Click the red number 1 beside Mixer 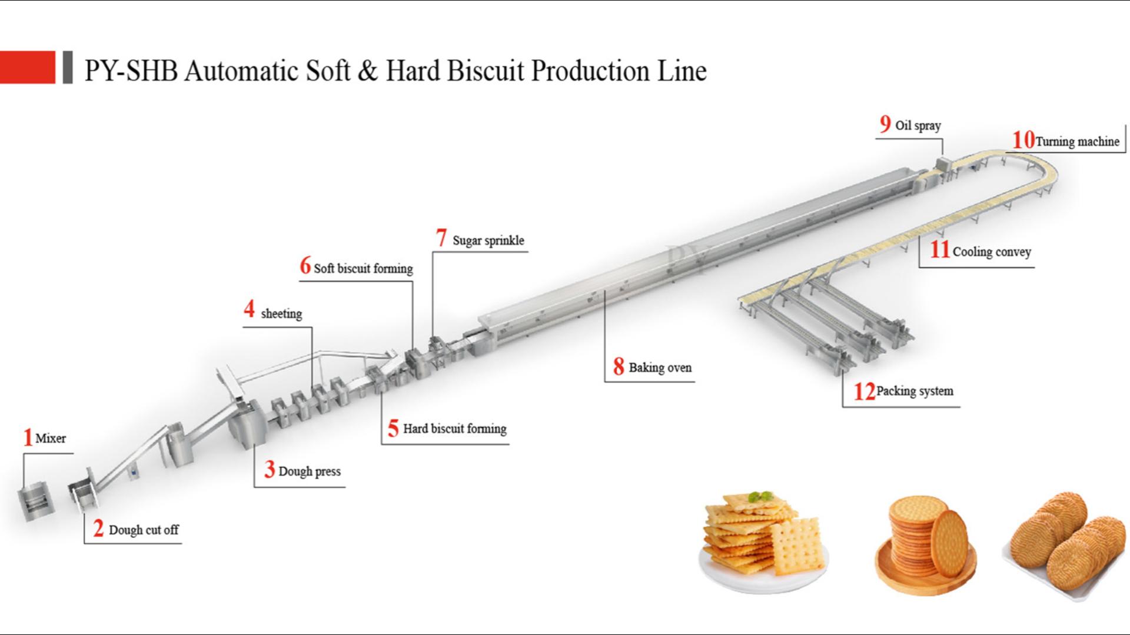point(27,437)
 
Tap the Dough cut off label point(144,530)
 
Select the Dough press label point(310,472)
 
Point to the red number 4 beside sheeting point(250,309)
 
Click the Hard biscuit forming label point(454,429)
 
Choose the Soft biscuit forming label point(363,269)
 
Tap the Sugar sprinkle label point(488,240)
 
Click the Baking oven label point(660,368)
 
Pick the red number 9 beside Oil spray point(885,124)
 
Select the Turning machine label point(1077,142)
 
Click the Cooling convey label point(992,252)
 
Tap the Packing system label point(915,391)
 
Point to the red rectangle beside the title point(27,67)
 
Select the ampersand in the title point(367,71)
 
